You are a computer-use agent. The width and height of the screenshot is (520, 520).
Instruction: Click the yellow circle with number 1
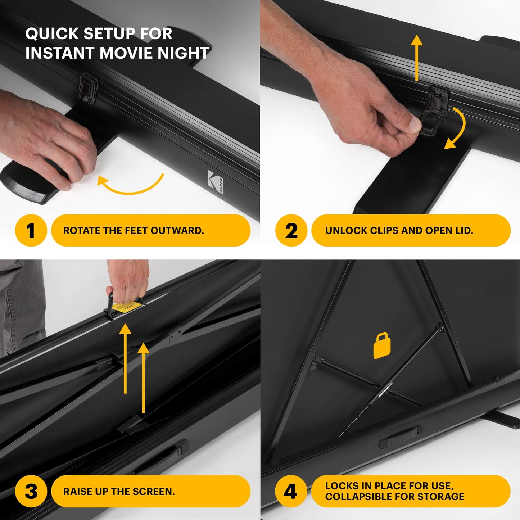(x=31, y=230)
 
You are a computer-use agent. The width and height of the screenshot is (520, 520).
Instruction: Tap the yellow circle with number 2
(x=291, y=230)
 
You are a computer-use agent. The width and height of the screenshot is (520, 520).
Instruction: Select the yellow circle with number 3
(x=31, y=492)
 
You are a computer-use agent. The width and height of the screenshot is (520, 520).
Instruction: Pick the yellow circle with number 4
(x=291, y=492)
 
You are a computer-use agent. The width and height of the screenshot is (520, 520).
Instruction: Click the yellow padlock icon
(x=382, y=346)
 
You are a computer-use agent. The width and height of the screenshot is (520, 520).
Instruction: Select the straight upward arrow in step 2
(x=417, y=58)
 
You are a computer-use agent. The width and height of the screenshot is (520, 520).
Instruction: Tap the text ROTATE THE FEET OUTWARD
(x=134, y=231)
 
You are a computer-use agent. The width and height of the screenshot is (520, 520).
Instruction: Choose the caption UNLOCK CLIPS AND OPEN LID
(x=399, y=231)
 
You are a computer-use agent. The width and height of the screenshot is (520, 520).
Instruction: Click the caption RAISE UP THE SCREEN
(x=119, y=492)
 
